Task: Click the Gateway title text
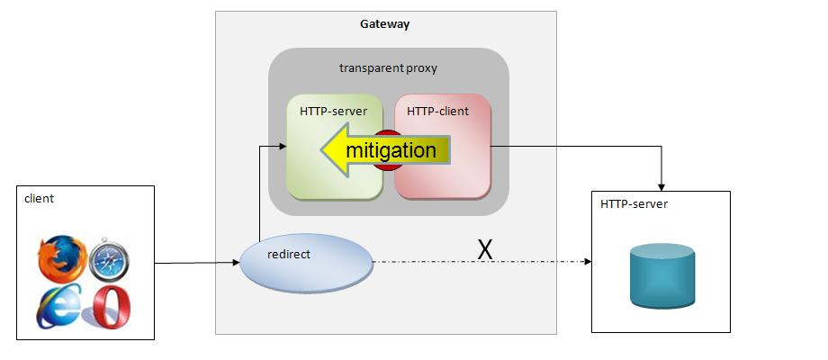pos(385,24)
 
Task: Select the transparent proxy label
pos(388,68)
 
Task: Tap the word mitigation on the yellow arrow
pos(391,150)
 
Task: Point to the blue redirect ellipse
pos(306,264)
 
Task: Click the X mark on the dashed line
pos(485,250)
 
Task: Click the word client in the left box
pos(40,199)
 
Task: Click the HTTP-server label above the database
pos(634,205)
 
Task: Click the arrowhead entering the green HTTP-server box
pos(281,144)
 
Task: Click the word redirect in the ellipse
pos(289,255)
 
